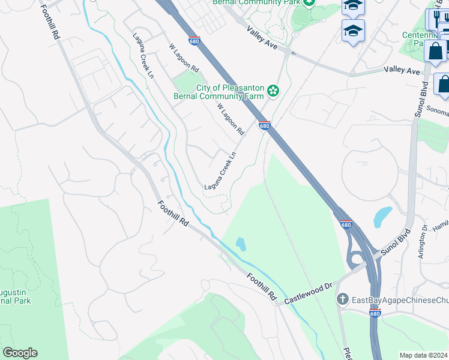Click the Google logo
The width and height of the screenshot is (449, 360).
(20, 353)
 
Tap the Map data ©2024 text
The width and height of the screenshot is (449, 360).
(424, 355)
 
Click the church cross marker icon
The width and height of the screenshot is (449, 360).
(343, 299)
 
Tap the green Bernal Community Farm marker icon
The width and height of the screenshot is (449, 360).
(273, 91)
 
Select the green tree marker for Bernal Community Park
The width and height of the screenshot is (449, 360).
(309, 2)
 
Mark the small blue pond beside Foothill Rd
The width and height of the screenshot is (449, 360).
(241, 244)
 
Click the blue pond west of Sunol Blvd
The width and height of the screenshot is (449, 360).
(382, 217)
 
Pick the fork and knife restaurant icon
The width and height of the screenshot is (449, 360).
(435, 19)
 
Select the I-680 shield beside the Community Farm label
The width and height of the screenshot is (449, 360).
(264, 125)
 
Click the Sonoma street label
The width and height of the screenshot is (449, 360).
(436, 109)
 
